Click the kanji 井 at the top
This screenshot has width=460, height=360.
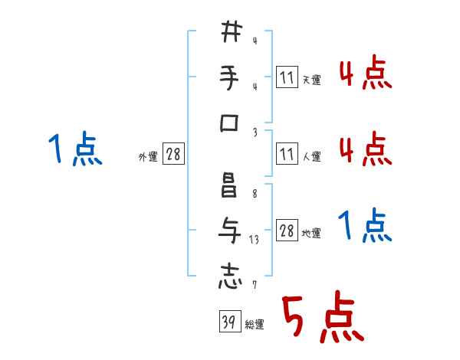click(232, 31)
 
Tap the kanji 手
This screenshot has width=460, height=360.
click(229, 77)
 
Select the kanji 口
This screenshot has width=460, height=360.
click(229, 123)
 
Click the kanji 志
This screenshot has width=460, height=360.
click(230, 277)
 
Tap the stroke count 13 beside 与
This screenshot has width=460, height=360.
click(254, 240)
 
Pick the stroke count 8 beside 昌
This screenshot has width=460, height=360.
click(255, 194)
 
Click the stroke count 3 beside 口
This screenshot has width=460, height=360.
click(255, 133)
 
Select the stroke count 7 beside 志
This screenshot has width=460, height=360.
click(255, 285)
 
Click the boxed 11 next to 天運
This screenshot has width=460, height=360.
click(287, 77)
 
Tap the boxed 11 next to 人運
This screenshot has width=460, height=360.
click(287, 153)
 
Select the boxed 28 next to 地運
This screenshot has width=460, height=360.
click(287, 230)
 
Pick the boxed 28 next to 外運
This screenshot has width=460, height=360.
click(173, 153)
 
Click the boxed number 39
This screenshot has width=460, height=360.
click(230, 321)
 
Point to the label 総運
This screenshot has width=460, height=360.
click(255, 325)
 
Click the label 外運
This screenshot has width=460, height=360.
click(148, 157)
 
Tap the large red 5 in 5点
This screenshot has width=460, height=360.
click(293, 316)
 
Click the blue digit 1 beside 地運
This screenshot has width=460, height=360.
click(346, 224)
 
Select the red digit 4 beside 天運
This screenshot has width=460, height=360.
click(347, 74)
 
